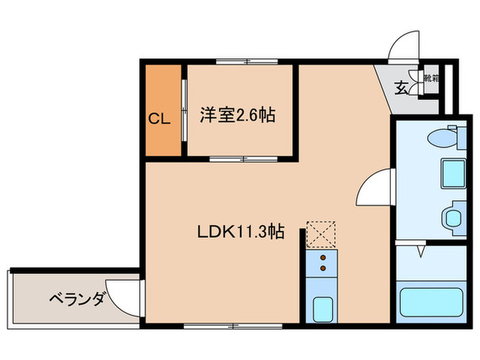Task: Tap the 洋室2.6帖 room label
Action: [237, 115]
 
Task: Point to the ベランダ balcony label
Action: [77, 299]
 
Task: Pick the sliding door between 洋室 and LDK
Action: [243, 159]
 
